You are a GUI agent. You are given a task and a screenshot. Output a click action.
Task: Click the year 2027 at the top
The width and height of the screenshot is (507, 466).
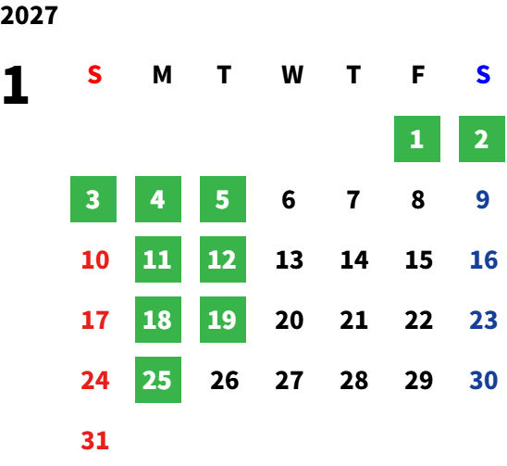(29, 15)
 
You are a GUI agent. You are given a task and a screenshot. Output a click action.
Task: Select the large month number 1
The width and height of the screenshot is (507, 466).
(16, 84)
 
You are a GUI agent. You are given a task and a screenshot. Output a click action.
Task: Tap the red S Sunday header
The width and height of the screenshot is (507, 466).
(94, 75)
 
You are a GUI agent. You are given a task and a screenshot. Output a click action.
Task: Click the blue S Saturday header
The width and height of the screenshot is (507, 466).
(483, 75)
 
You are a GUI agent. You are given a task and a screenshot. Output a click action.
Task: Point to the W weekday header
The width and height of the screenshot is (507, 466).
(292, 75)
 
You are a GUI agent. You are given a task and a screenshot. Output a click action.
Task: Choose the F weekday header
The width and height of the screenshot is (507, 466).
(418, 75)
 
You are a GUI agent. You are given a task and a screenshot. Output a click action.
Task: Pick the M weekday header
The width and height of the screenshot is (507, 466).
(162, 75)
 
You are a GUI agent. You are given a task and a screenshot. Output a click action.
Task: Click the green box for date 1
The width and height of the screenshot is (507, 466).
(417, 139)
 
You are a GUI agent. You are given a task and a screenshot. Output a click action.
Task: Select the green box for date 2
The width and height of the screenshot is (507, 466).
(482, 139)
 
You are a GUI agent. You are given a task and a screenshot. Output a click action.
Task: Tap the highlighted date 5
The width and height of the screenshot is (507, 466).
(223, 199)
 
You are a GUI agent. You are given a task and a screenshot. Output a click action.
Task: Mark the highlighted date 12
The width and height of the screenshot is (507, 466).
(223, 259)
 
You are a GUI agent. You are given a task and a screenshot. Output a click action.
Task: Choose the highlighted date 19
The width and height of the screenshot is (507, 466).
(223, 320)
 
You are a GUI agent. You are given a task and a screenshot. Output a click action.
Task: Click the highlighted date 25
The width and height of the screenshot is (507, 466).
(158, 380)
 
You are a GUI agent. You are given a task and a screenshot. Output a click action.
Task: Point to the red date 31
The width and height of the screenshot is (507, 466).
(95, 440)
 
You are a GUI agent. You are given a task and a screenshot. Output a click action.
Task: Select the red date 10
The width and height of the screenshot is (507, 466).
(95, 259)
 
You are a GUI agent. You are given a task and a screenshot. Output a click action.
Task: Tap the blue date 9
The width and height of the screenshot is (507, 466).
(483, 199)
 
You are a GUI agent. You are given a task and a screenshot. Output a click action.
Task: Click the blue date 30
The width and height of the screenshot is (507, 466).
(484, 380)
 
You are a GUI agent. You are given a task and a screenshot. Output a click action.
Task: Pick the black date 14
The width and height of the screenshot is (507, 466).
(354, 259)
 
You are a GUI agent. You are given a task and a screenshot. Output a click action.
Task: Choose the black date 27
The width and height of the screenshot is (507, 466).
(290, 380)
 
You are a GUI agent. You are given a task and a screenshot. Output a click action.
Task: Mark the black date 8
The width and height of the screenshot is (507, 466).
(418, 199)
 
